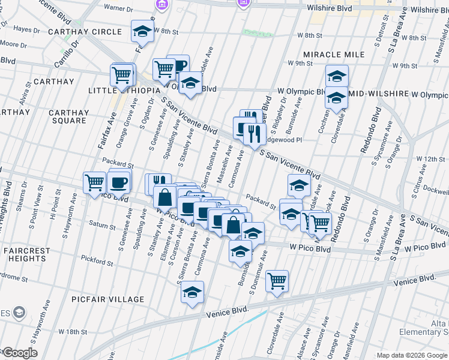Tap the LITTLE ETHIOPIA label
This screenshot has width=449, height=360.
124,90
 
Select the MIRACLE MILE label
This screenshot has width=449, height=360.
334,55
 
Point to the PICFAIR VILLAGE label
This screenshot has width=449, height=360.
107,299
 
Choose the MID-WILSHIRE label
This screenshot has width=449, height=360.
379,94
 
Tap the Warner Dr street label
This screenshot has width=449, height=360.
118,8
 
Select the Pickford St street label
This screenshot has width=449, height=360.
98,262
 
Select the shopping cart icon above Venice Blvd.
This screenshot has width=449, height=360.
277,280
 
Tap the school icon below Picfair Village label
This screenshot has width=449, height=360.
192,292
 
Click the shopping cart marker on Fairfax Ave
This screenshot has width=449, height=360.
121,75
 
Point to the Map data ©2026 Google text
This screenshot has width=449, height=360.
412,355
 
